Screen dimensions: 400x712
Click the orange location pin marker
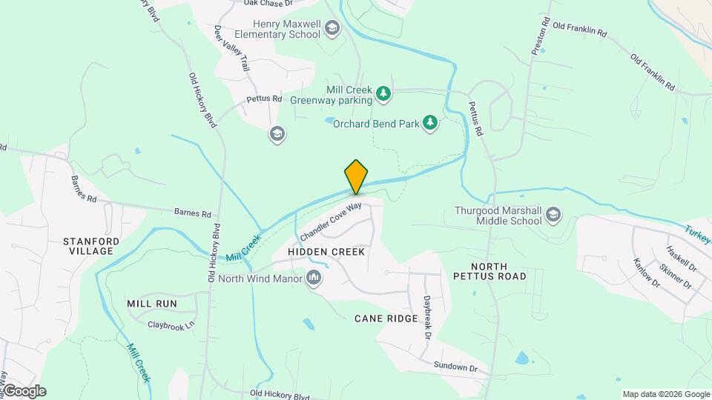356,176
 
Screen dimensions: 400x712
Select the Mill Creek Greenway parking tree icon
383,93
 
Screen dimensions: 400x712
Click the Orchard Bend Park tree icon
430,123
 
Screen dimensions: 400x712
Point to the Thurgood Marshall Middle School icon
553,216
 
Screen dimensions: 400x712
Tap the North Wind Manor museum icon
314,279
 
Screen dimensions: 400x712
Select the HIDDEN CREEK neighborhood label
326,252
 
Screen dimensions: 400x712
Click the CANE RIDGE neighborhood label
386,319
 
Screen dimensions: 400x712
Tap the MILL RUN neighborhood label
151,304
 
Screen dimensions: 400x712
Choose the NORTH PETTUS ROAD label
498,271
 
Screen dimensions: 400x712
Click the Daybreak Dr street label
427,319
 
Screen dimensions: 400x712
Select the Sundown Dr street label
455,367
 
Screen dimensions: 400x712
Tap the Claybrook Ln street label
171,324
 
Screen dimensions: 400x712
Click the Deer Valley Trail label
231,49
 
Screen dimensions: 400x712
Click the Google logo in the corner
24,391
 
